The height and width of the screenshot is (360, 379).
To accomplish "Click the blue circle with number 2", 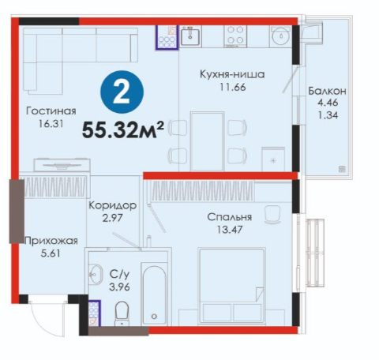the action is click(x=122, y=92).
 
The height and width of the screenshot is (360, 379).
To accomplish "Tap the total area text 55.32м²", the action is click(x=123, y=129).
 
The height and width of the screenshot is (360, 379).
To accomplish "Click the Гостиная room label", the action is click(x=51, y=111).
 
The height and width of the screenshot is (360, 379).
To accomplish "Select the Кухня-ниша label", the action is click(x=232, y=74).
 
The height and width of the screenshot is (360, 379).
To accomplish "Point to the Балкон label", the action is click(x=327, y=91).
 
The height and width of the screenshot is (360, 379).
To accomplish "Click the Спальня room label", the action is click(x=230, y=217).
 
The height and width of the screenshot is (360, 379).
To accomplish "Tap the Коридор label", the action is click(x=112, y=205).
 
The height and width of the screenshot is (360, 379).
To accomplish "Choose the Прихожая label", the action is click(x=51, y=241).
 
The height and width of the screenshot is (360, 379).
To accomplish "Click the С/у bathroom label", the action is click(x=120, y=275).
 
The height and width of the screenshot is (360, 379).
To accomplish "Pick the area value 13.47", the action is click(x=230, y=230).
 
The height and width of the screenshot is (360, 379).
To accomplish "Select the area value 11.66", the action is click(x=233, y=87).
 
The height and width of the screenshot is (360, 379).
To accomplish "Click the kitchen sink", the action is click(x=190, y=36).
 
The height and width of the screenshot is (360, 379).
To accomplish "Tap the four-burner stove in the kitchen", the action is click(x=235, y=36).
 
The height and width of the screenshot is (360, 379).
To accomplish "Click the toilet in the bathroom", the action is click(x=122, y=313).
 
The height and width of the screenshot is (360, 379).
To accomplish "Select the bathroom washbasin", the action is click(x=96, y=274).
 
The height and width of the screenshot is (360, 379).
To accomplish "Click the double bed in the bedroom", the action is click(x=232, y=286).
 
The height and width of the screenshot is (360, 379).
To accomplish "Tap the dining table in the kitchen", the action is click(x=208, y=141).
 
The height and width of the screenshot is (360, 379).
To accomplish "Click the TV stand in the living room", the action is click(x=62, y=166).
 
